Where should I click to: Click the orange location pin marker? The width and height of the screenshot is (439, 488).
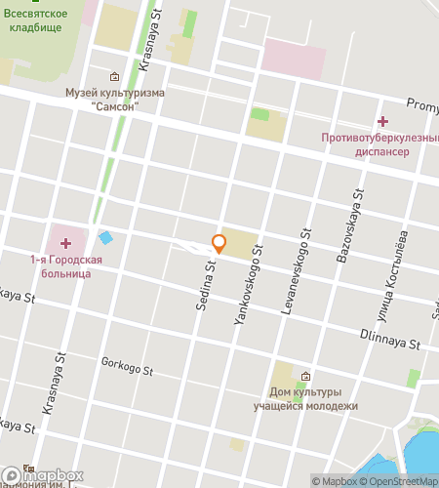pyautogui.click(x=219, y=245)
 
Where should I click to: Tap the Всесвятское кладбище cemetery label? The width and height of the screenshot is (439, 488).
pyautogui.click(x=34, y=20)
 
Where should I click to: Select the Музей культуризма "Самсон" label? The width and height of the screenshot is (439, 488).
pyautogui.click(x=115, y=100)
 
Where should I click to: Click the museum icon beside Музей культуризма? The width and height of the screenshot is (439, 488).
pyautogui.click(x=115, y=76)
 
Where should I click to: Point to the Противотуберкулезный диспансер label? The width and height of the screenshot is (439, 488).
pyautogui.click(x=379, y=144)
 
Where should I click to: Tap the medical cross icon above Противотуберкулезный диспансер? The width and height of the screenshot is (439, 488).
pyautogui.click(x=382, y=121)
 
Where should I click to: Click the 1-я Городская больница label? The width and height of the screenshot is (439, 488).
pyautogui.click(x=60, y=266)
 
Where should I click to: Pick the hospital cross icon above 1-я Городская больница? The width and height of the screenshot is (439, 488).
pyautogui.click(x=65, y=242)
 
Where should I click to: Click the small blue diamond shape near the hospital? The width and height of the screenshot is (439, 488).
pyautogui.click(x=105, y=237)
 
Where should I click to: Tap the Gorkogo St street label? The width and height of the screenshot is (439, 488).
pyautogui.click(x=127, y=368)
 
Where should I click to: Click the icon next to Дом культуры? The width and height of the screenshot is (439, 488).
pyautogui.click(x=306, y=377)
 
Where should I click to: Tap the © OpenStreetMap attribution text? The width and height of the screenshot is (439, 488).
pyautogui.click(x=402, y=480)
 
